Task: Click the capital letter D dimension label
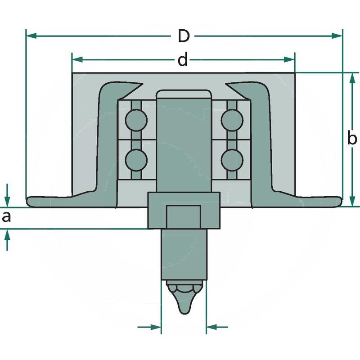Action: [183, 36]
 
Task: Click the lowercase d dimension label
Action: [182, 59]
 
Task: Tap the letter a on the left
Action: [6, 217]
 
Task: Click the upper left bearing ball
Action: [136, 120]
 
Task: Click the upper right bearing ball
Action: [232, 120]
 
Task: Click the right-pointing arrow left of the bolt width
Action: [156, 327]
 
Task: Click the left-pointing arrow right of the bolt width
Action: [212, 327]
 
